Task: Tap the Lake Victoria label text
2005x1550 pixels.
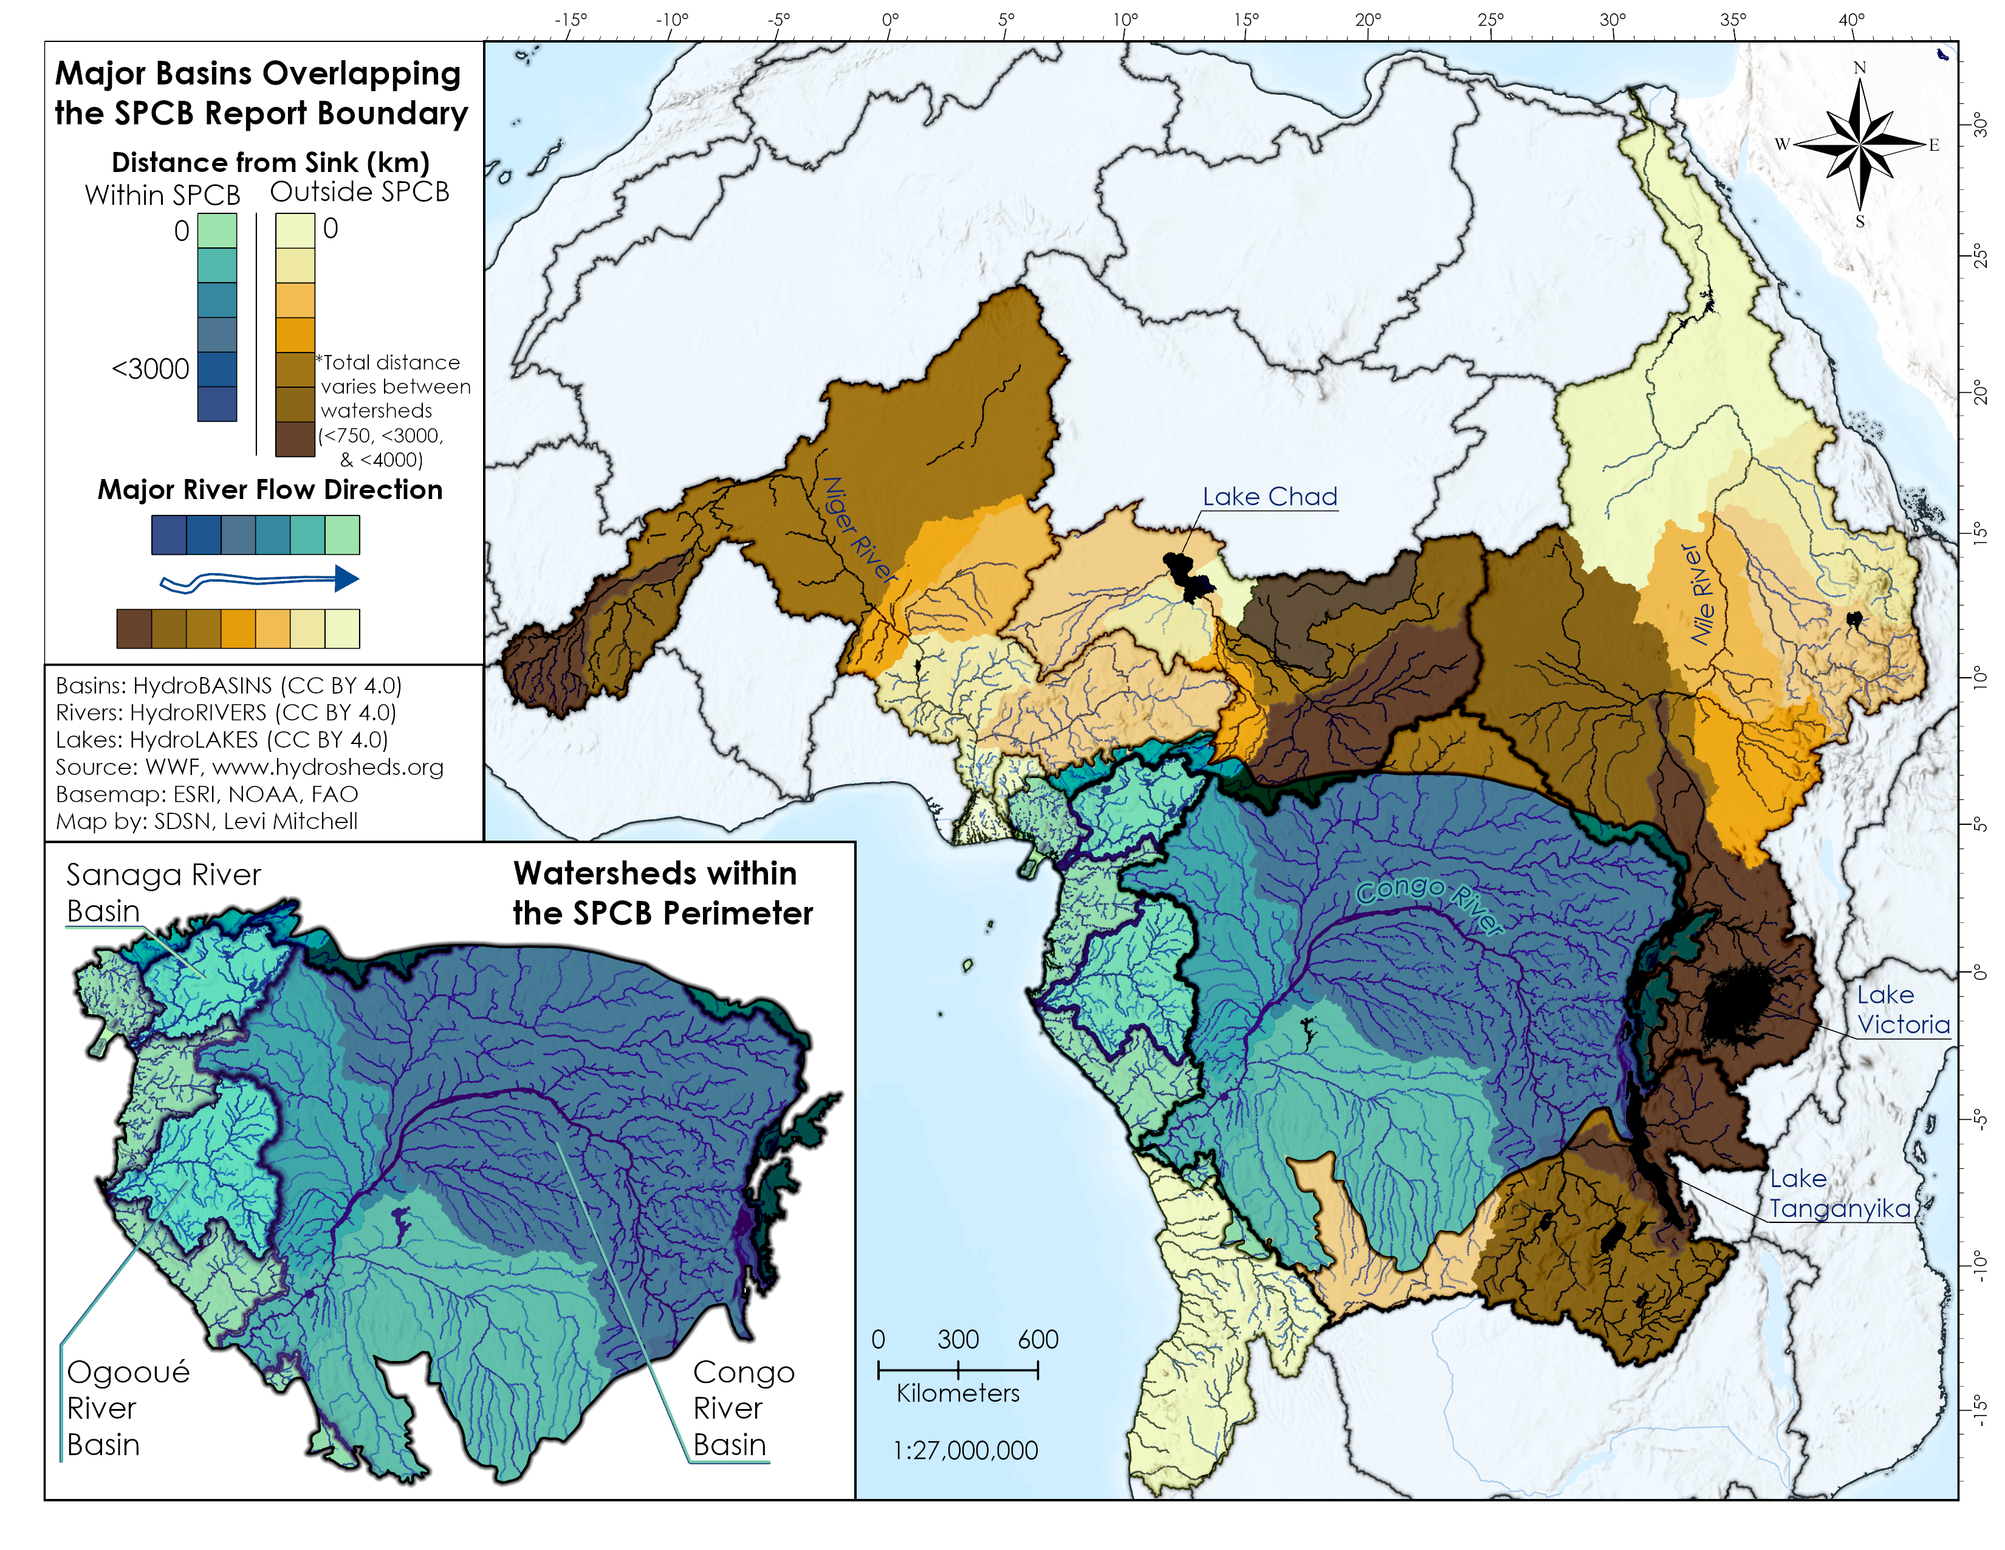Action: point(1902,1009)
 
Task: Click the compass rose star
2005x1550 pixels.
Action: point(1859,144)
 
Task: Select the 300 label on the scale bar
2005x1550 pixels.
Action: point(958,1340)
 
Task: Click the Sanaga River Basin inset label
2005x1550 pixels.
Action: point(162,892)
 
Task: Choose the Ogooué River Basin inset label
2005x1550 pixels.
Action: point(128,1408)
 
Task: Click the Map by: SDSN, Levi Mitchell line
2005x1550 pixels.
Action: point(207,821)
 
